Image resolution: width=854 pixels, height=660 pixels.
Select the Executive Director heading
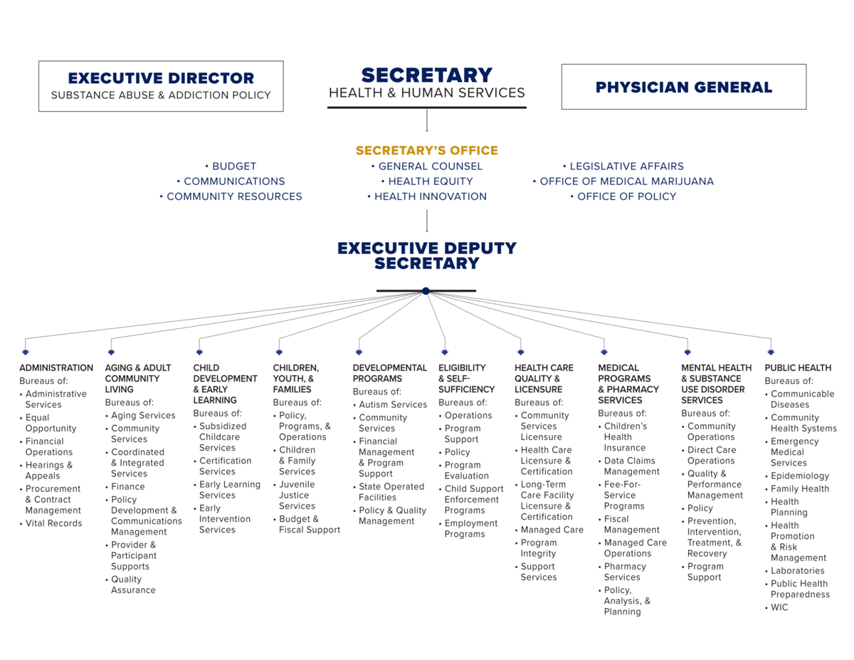161,78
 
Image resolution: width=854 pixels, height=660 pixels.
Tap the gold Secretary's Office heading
426,150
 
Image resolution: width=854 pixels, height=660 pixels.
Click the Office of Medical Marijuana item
626,182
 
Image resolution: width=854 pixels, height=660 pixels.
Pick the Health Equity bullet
431,182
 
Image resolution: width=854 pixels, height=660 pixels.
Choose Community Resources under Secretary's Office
234,197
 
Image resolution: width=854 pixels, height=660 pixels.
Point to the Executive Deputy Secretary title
427,256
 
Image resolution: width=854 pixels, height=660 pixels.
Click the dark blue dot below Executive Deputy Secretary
426,291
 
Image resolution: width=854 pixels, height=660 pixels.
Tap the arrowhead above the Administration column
26,352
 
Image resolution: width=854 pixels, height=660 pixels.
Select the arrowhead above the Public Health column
771,352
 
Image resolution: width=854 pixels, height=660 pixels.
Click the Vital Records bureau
54,523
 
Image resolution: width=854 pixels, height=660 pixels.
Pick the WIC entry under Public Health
779,607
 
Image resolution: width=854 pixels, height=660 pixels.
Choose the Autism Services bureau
393,404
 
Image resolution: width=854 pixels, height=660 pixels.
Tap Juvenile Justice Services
297,496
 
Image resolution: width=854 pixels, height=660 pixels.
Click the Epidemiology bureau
800,476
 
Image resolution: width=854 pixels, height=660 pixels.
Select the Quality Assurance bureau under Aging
133,585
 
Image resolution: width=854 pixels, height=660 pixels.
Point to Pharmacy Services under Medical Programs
625,572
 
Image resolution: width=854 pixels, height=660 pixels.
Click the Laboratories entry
797,570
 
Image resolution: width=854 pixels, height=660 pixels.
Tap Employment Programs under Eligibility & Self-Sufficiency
471,529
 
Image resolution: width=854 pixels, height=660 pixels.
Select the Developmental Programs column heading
389,373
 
